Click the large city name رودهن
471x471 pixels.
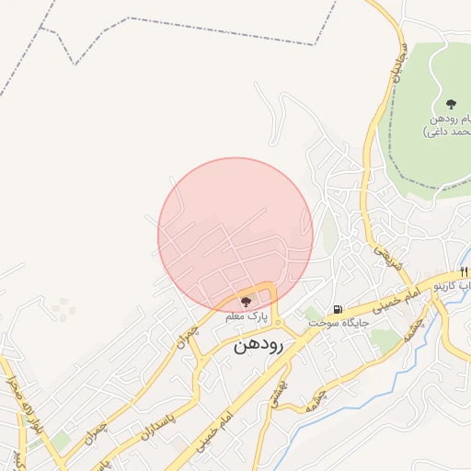click(x=261, y=344)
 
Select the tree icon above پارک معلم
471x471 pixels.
click(x=245, y=302)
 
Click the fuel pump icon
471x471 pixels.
click(x=338, y=309)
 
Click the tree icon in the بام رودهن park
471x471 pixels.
click(x=450, y=104)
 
